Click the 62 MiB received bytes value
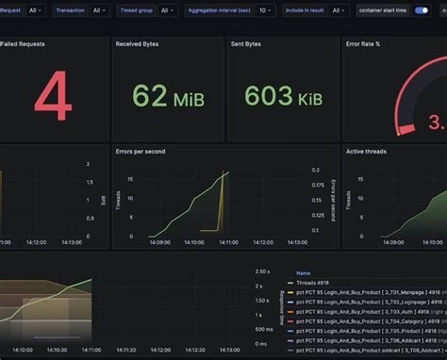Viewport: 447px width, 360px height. pos(166,95)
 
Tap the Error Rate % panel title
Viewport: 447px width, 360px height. pos(364,44)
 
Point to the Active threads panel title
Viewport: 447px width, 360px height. pos(369,151)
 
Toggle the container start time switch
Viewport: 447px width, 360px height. pos(422,10)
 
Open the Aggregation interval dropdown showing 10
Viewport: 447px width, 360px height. pos(266,10)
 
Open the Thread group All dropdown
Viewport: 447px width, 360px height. pos(166,10)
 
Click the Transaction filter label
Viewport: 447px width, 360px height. pos(70,10)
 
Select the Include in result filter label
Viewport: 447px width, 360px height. pos(303,10)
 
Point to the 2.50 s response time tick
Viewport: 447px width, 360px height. pos(263,272)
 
